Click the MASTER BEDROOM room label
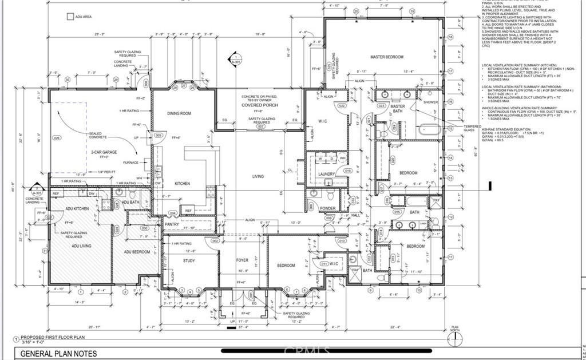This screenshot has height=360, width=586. (x=387, y=57)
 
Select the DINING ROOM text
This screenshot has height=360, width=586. (x=179, y=113)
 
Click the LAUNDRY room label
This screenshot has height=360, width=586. (x=326, y=173)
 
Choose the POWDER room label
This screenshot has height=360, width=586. (x=327, y=208)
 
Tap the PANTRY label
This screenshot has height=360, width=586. (x=172, y=225)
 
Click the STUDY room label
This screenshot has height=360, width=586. (x=189, y=261)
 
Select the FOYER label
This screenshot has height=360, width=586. (x=243, y=260)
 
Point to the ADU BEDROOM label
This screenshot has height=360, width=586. (x=137, y=252)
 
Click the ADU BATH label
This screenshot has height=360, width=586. (x=131, y=202)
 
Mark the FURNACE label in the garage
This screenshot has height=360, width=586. (x=131, y=162)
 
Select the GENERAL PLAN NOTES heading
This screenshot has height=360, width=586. (x=59, y=354)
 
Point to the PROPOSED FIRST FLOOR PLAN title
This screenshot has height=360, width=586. (x=53, y=338)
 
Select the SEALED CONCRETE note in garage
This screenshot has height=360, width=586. (x=98, y=136)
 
